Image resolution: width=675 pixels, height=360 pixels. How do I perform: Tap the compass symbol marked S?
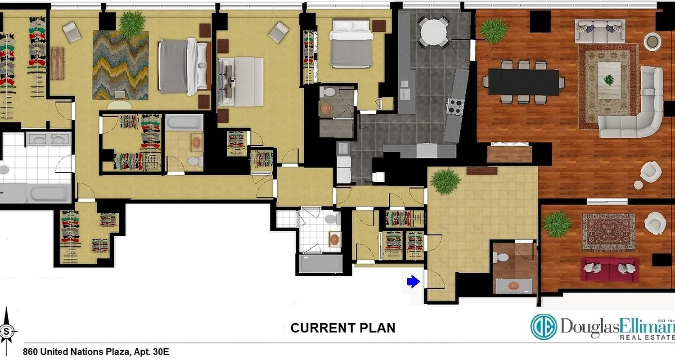tap(7, 332)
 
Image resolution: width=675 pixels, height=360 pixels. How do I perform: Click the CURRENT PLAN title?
tap(343, 328)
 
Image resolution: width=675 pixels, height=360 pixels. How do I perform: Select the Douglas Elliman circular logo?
tap(544, 326)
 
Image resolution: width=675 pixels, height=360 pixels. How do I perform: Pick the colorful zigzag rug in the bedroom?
tap(121, 65)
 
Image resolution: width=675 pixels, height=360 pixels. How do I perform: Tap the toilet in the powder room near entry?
tap(500, 257)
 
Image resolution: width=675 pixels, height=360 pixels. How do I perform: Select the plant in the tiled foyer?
tap(445, 181)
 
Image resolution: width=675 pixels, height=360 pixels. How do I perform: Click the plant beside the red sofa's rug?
tap(558, 224)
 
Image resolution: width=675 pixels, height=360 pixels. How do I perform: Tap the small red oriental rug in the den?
tap(608, 232)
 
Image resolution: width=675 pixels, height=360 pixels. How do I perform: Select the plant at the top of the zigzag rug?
tap(132, 24)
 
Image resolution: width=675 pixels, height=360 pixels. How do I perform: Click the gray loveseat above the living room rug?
tap(600, 31)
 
